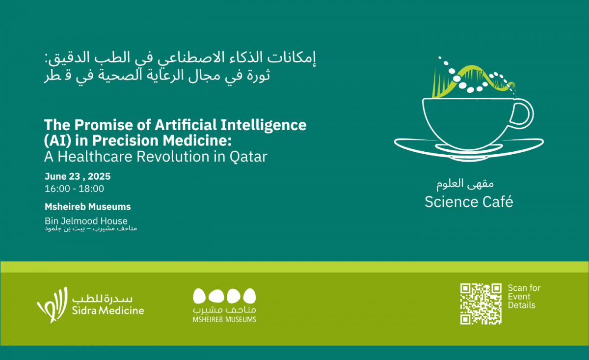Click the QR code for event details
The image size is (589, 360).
(x=481, y=304)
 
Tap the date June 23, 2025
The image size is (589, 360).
(x=78, y=176)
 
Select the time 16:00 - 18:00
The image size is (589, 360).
(x=75, y=189)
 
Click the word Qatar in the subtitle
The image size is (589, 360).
(x=248, y=157)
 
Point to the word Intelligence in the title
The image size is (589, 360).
(x=264, y=126)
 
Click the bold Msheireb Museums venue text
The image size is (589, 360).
(x=87, y=207)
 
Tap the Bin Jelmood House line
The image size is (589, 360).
(x=86, y=221)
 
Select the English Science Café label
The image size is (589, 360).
(x=469, y=202)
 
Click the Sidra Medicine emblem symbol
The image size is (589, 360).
(x=52, y=305)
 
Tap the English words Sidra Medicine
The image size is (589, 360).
(x=108, y=310)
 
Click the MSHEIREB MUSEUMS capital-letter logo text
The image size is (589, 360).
(x=224, y=319)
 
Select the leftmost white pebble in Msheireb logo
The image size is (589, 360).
(x=199, y=296)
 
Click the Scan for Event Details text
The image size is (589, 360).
(x=524, y=296)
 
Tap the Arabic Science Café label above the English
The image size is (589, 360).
(x=465, y=184)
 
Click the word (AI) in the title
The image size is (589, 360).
(x=57, y=141)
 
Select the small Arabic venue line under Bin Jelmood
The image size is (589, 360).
(x=91, y=228)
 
